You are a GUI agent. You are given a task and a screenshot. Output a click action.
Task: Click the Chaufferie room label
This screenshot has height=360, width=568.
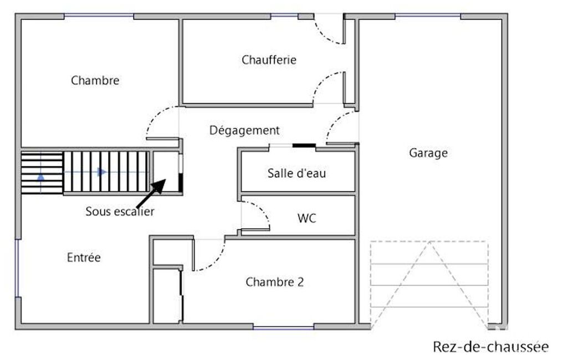[269, 60]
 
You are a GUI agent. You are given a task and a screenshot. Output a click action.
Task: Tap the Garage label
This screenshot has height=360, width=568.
[428, 153]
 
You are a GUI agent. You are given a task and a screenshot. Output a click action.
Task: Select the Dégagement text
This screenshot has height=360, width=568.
[244, 130]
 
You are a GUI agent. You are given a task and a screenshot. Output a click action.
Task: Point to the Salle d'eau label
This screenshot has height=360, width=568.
[296, 173]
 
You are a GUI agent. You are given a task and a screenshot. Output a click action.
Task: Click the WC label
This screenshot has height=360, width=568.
[306, 218]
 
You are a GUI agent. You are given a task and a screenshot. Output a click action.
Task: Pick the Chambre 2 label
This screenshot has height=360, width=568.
[275, 282]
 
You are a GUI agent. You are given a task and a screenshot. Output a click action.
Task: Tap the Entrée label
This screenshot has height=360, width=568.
[84, 257]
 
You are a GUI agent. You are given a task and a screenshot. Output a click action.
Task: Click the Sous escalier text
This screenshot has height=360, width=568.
[120, 211]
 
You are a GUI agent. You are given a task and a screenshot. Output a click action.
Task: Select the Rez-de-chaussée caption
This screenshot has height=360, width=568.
[491, 347]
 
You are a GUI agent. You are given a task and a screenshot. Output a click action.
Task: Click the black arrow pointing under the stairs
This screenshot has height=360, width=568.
[151, 194]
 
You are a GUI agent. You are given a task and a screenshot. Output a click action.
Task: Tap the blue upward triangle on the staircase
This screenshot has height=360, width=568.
[41, 177]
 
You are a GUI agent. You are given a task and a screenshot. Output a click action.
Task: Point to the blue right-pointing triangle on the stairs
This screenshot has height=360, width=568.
[103, 172]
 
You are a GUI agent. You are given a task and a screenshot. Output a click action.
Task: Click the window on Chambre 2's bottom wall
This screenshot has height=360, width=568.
[283, 328]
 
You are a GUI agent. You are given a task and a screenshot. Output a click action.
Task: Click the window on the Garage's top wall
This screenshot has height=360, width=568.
[428, 16]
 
